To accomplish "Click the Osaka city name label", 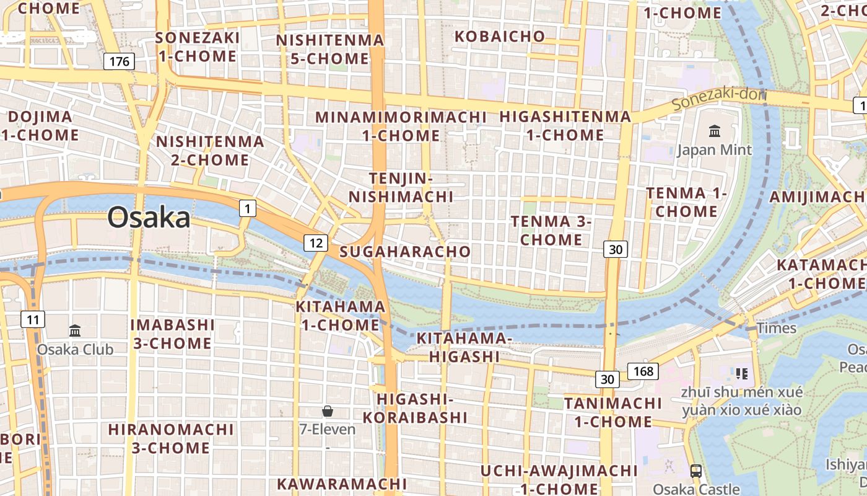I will [149, 218].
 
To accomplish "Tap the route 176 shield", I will [118, 61].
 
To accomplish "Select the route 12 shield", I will [316, 242].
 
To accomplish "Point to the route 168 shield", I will [643, 371].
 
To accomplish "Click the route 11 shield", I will [33, 320].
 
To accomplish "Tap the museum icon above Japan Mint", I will [715, 131].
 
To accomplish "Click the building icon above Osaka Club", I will [75, 330].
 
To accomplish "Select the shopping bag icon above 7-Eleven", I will [328, 410].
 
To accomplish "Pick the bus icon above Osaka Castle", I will [696, 471].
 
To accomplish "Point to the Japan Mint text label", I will [714, 150].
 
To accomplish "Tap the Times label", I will [777, 328].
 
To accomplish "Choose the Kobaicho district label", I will [500, 36].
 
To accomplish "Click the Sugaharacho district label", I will [405, 251].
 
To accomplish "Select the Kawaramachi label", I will [342, 483].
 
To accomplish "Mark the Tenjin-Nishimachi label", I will [401, 188].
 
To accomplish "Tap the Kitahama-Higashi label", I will [464, 347].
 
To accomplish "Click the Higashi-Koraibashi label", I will [415, 408].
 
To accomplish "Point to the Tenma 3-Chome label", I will [551, 230].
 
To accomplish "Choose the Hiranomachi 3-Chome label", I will [171, 438].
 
